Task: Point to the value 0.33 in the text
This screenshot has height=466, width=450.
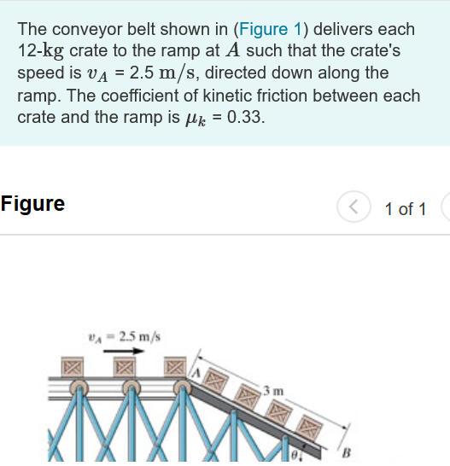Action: [246, 118]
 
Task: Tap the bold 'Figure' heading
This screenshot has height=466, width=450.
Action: [33, 204]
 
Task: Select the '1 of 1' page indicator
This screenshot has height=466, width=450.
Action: [406, 208]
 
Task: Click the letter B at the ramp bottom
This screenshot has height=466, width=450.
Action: [347, 451]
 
